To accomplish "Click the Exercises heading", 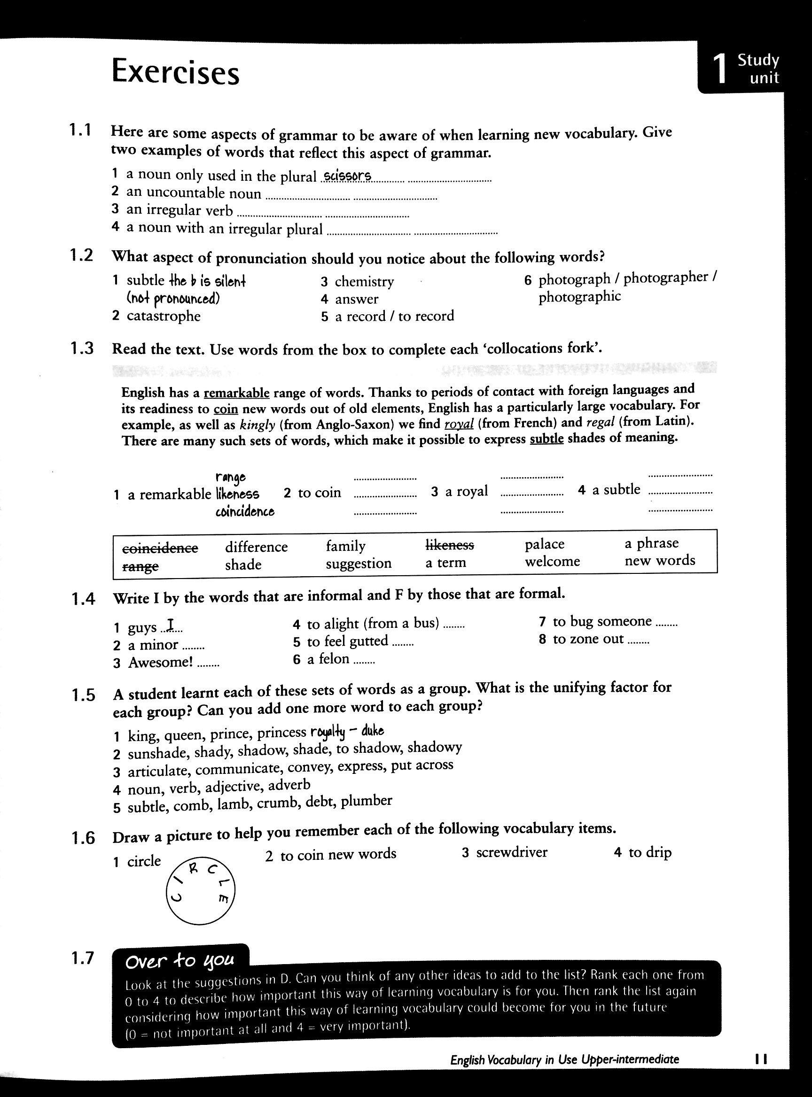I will pos(175,72).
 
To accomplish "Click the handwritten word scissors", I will pos(347,176).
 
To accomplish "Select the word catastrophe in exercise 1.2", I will pos(163,316).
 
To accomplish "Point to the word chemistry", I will pos(364,282).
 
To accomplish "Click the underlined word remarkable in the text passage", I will pos(236,393).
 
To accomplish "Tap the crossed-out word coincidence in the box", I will pos(160,548).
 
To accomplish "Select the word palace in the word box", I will pos(545,544).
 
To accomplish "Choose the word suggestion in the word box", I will pos(359,564).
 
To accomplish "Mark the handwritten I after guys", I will pos(170,626).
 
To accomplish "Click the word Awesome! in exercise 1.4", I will pos(160,663).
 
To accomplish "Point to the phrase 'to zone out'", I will pos(588,639).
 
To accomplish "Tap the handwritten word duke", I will pos(373,732).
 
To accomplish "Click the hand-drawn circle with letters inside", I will pos(201,890).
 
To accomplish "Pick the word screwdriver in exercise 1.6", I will pos(511,852).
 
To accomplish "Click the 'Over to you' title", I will pos(180,961).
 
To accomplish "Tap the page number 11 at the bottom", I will pos(761,1059).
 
